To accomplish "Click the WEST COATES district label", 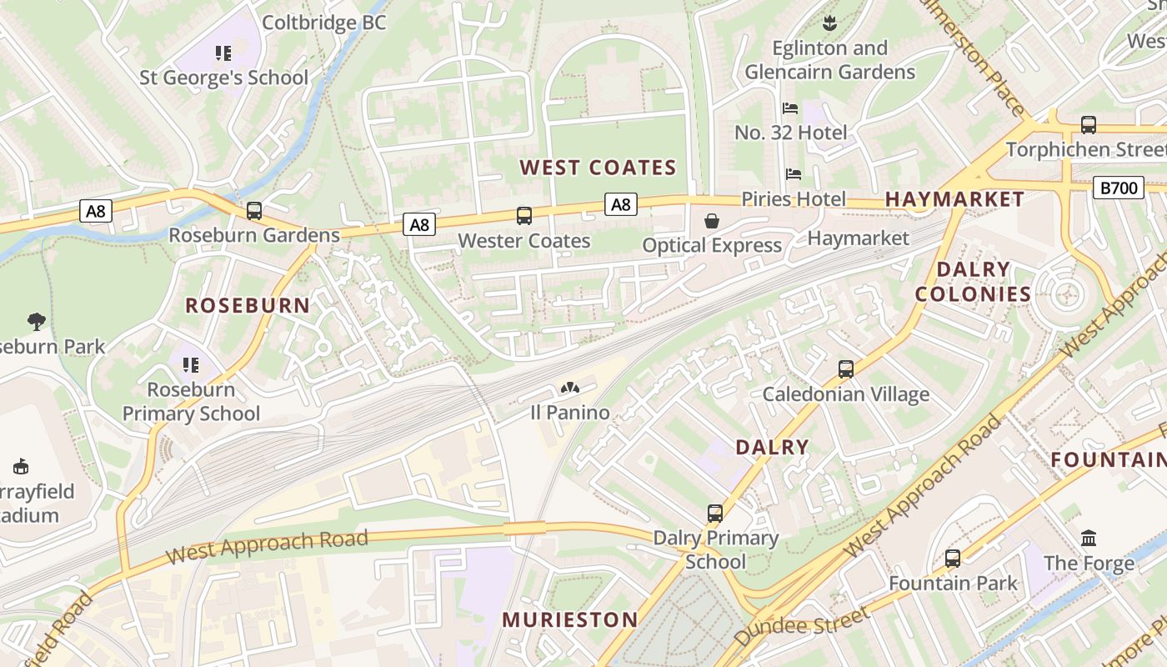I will click(x=598, y=168).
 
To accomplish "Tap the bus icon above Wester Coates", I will click(x=523, y=216).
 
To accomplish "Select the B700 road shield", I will click(x=1118, y=188).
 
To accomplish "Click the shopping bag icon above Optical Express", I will click(x=712, y=221).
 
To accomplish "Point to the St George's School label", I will click(x=223, y=78).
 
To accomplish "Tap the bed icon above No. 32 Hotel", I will click(x=790, y=108).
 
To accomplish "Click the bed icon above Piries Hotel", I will click(x=794, y=174).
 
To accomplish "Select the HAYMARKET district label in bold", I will click(x=954, y=198).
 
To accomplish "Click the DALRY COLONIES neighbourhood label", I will click(x=973, y=281).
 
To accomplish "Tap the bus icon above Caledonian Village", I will click(x=845, y=369).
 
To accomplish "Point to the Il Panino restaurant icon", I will click(x=570, y=388).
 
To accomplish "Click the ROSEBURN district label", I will click(x=248, y=305).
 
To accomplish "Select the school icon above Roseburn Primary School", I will click(x=191, y=365).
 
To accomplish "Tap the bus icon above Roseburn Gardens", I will click(x=254, y=211).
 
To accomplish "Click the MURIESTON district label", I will click(x=569, y=619).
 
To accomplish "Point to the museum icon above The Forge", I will click(x=1089, y=539).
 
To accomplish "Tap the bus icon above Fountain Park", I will click(x=953, y=559).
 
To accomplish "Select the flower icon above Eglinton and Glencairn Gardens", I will click(x=829, y=23).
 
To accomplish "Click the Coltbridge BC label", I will click(x=324, y=23).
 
